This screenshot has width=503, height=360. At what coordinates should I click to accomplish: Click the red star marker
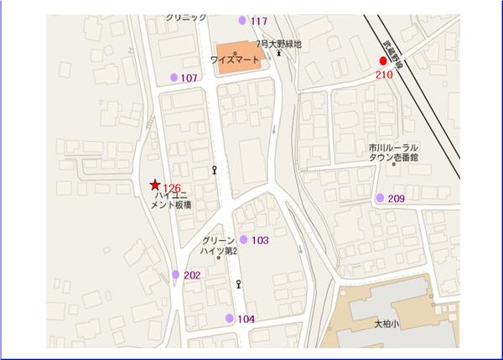(155, 185)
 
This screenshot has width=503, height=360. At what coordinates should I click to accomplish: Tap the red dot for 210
(383, 61)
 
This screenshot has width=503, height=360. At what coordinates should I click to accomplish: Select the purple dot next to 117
(243, 20)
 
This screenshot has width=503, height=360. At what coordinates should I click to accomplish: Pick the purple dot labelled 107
(174, 77)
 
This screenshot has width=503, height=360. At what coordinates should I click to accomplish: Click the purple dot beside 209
(380, 198)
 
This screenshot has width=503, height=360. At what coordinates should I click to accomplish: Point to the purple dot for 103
(244, 240)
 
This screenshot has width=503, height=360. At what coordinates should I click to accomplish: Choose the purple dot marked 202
(176, 274)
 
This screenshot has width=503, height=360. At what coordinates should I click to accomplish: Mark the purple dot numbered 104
(230, 318)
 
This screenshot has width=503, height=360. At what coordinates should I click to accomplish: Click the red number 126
(172, 188)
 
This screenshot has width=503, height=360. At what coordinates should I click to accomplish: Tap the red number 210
(384, 75)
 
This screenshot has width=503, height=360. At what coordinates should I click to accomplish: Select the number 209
(397, 199)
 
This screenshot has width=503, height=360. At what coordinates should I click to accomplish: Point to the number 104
(246, 319)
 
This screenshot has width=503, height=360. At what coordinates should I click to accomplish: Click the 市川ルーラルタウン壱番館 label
(393, 152)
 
